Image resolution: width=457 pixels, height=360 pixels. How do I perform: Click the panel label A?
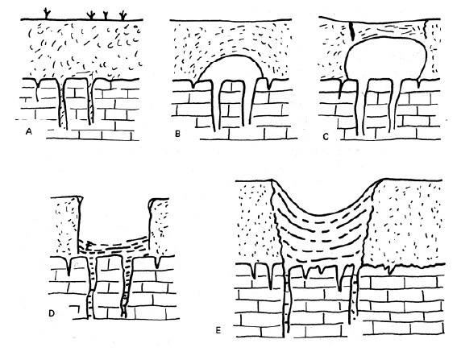pos(28,131)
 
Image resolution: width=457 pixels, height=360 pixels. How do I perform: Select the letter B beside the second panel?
pos(177,134)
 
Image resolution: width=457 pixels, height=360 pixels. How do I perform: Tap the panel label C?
pos(326,136)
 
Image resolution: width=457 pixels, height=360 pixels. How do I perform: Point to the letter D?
pos(52,313)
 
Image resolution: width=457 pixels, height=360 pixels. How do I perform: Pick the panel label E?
pos(218,330)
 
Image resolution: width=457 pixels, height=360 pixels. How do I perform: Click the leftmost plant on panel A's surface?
pos(47,14)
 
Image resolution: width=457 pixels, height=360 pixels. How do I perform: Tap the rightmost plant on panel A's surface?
pos(123,16)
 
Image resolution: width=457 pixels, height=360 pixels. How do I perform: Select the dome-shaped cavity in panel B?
pos(231,68)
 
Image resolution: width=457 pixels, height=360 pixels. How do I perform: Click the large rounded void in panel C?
pos(385,58)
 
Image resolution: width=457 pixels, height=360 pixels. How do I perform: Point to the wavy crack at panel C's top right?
pos(426,28)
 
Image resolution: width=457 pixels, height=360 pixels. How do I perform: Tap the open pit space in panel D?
pos(114,218)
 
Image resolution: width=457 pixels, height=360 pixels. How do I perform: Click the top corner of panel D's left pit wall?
pos(79,198)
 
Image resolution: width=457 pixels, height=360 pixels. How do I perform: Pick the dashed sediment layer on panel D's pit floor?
pos(114,247)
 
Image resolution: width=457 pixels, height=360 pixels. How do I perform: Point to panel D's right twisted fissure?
pos(127,287)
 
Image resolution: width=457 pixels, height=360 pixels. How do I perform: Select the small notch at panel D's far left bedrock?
pos(69,266)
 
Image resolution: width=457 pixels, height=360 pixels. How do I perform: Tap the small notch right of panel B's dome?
pos(268,84)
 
